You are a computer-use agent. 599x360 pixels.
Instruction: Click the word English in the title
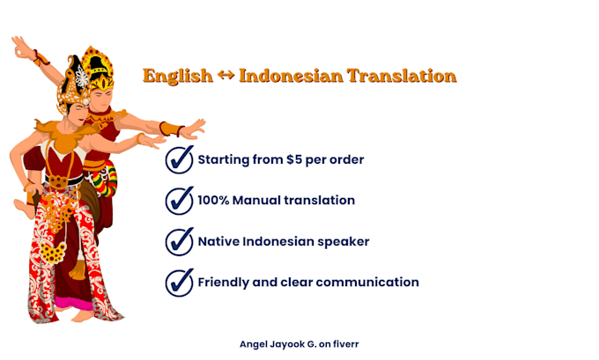[x=178, y=76]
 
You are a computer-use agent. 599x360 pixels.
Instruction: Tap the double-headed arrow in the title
[x=226, y=75]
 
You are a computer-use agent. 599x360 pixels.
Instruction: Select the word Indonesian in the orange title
[x=291, y=76]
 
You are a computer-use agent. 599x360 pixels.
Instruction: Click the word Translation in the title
[x=402, y=76]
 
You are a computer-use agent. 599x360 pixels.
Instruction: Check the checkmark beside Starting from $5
[x=180, y=159]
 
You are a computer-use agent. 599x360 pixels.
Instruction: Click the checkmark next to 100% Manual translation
[x=180, y=201]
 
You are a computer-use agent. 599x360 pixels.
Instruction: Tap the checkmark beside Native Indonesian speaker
[x=180, y=242]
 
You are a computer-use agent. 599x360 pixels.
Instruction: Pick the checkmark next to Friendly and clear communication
[x=180, y=283]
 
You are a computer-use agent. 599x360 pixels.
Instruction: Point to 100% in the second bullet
[x=213, y=200]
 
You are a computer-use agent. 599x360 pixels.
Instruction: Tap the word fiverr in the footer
[x=345, y=344]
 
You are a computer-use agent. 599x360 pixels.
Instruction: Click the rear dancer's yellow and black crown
[x=99, y=66]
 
